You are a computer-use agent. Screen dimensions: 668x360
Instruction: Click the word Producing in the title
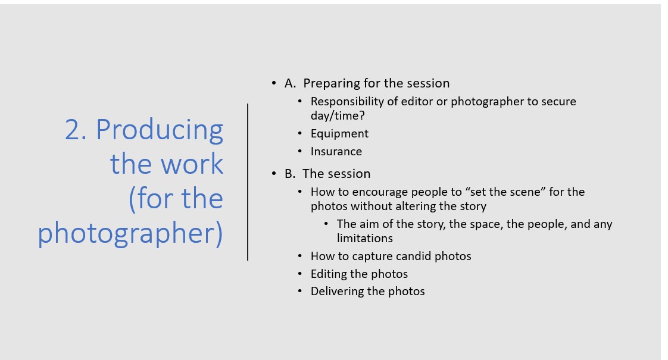pyautogui.click(x=160, y=130)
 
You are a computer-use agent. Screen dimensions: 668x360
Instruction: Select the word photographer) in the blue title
pyautogui.click(x=130, y=233)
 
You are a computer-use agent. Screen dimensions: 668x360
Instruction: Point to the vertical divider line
pyautogui.click(x=248, y=182)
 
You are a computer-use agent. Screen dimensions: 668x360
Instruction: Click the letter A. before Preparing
pyautogui.click(x=290, y=83)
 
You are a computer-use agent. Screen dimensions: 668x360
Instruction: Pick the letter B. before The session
pyautogui.click(x=290, y=174)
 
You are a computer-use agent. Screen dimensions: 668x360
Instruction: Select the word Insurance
pyautogui.click(x=336, y=152)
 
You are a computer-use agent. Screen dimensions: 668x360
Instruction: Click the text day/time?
pyautogui.click(x=338, y=116)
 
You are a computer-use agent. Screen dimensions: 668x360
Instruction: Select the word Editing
pyautogui.click(x=326, y=274)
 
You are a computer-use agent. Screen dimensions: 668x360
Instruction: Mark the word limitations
pyautogui.click(x=365, y=238)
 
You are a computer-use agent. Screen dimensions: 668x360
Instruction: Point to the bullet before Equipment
pyautogui.click(x=300, y=134)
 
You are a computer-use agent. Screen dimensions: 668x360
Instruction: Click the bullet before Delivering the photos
pyautogui.click(x=300, y=292)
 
